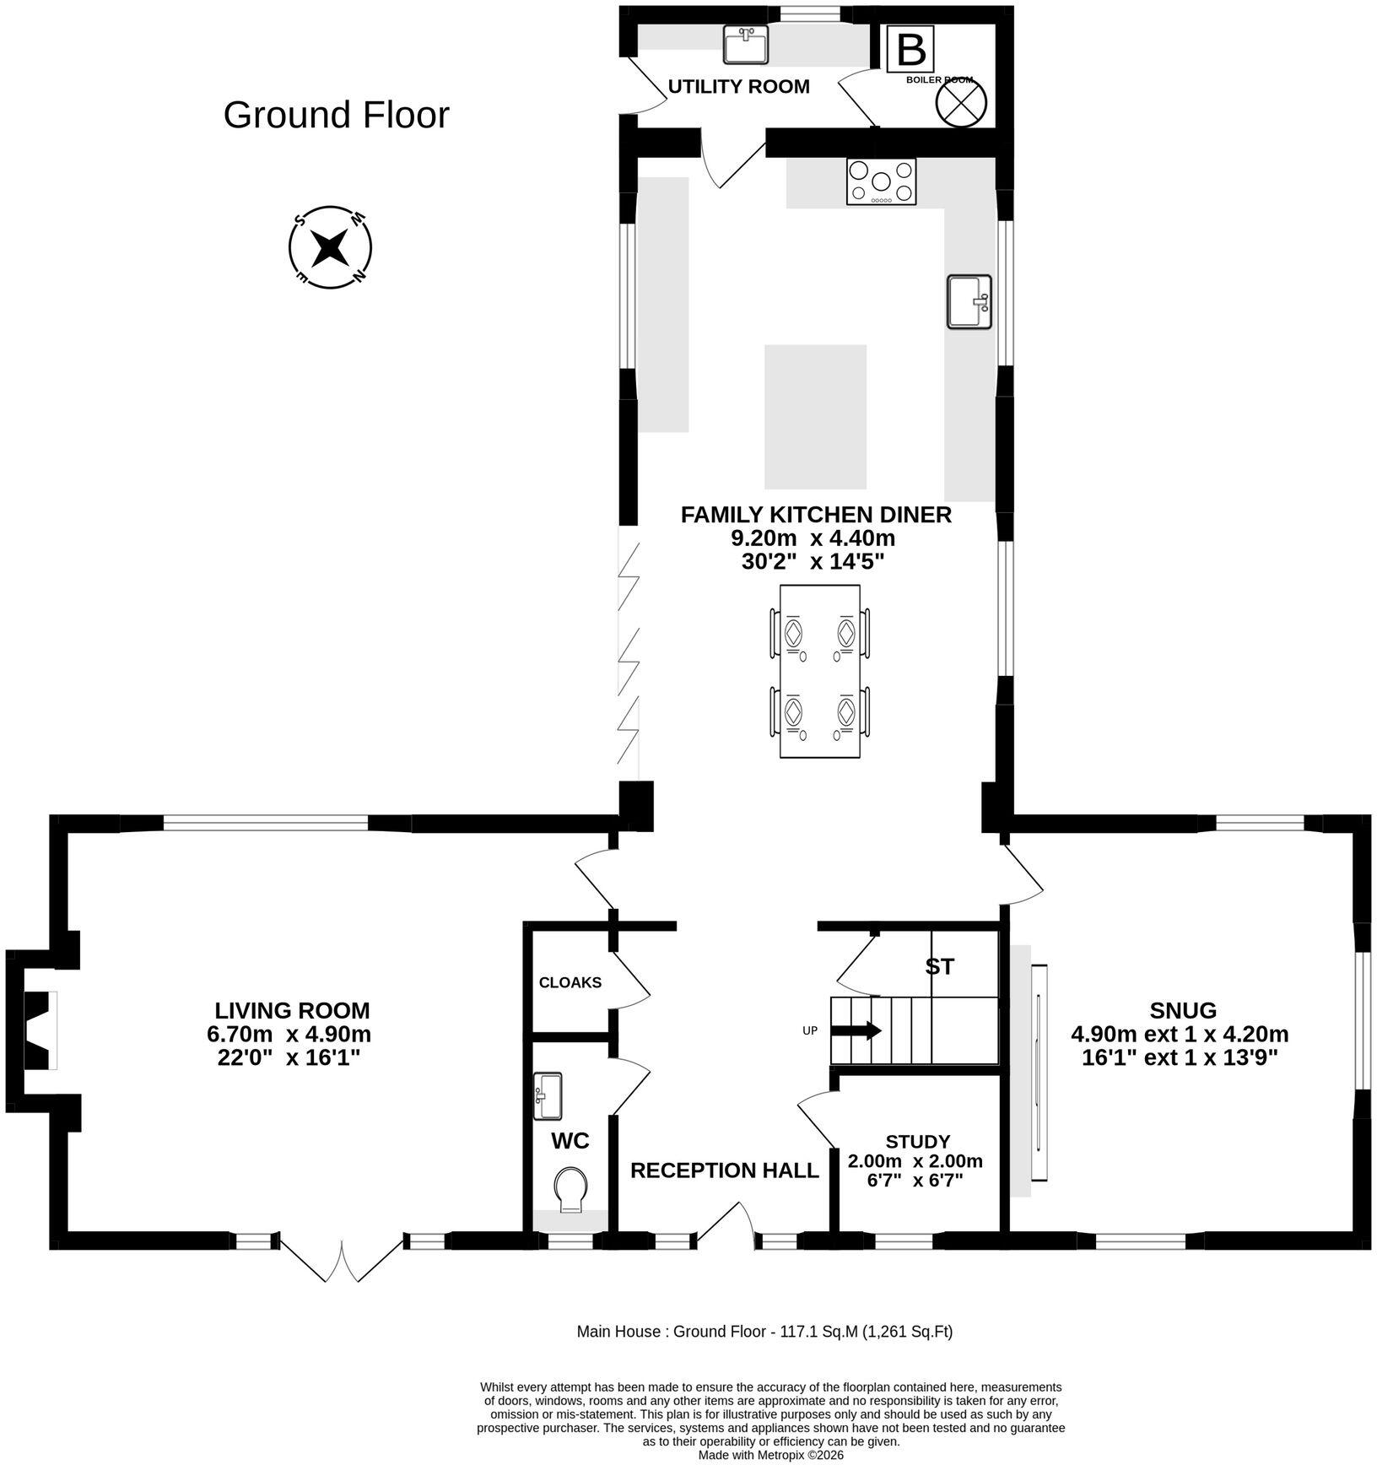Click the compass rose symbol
tap(330, 247)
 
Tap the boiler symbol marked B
tap(910, 50)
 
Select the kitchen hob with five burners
tap(881, 181)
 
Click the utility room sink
tap(746, 45)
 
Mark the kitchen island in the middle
tap(815, 417)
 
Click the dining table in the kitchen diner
tap(820, 671)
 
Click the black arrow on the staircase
tap(856, 1031)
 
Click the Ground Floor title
tap(336, 116)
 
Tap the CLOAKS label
tap(570, 982)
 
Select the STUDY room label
tap(918, 1143)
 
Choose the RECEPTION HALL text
tap(725, 1170)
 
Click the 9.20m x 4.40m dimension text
tap(813, 538)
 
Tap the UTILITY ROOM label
tap(739, 86)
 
